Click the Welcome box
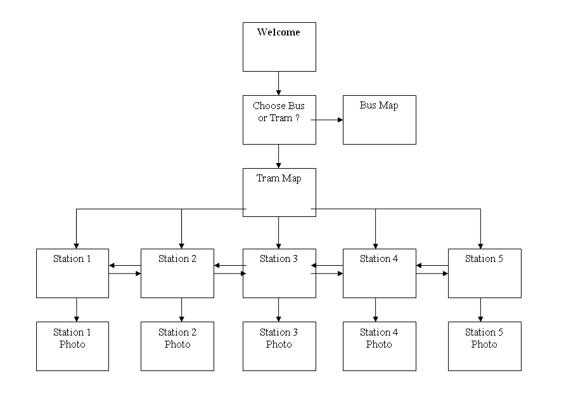pos(279,47)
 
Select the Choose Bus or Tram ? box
pos(279,120)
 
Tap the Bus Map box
pos(379,120)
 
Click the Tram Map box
pos(279,192)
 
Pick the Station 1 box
pos(72,273)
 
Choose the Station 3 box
pos(279,273)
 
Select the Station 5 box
pos(484,273)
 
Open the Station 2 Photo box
pos(177,346)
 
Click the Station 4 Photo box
pos(379,346)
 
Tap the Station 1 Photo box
pos(72,346)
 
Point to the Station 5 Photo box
pos(484,346)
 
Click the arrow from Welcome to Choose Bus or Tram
pos(279,83)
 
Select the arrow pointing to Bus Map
pos(327,119)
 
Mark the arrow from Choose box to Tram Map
pos(279,156)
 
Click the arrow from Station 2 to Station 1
pos(124,266)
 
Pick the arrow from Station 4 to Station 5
pos(432,274)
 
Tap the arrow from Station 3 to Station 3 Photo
pos(279,310)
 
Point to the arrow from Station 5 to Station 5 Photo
pos(480,310)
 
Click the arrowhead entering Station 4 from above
pos(375,245)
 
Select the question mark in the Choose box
pos(298,119)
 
